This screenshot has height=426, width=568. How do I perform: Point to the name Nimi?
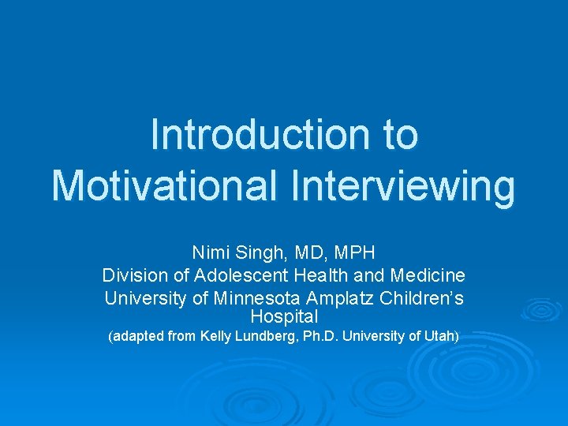tap(209, 253)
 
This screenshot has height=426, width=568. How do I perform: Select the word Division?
tap(130, 276)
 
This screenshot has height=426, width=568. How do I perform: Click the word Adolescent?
tap(223, 276)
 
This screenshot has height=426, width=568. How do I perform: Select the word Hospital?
tap(283, 317)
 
